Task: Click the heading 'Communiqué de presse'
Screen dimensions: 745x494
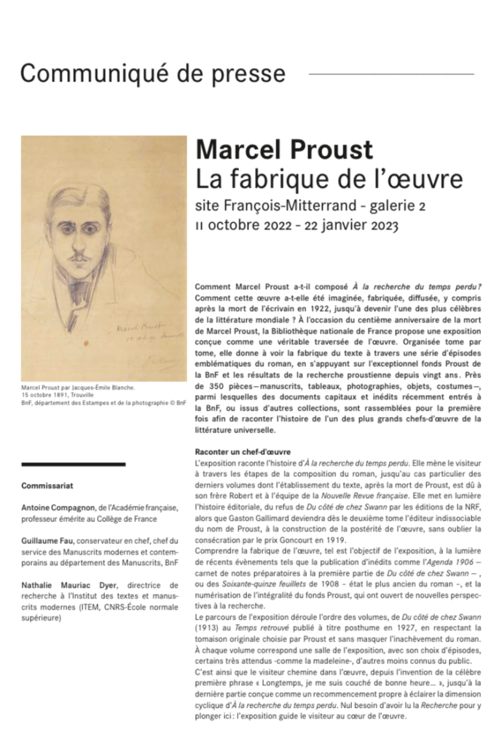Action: pyautogui.click(x=152, y=74)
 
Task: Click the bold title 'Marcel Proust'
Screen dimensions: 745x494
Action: pyautogui.click(x=285, y=150)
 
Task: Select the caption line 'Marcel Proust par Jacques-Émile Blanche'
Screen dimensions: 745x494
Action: pyautogui.click(x=79, y=387)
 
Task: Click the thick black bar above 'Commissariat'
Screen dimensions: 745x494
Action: pyautogui.click(x=74, y=464)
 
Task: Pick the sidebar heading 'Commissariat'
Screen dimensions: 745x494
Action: pyautogui.click(x=47, y=485)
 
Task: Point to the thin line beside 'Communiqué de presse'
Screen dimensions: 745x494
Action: pyautogui.click(x=391, y=74)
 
